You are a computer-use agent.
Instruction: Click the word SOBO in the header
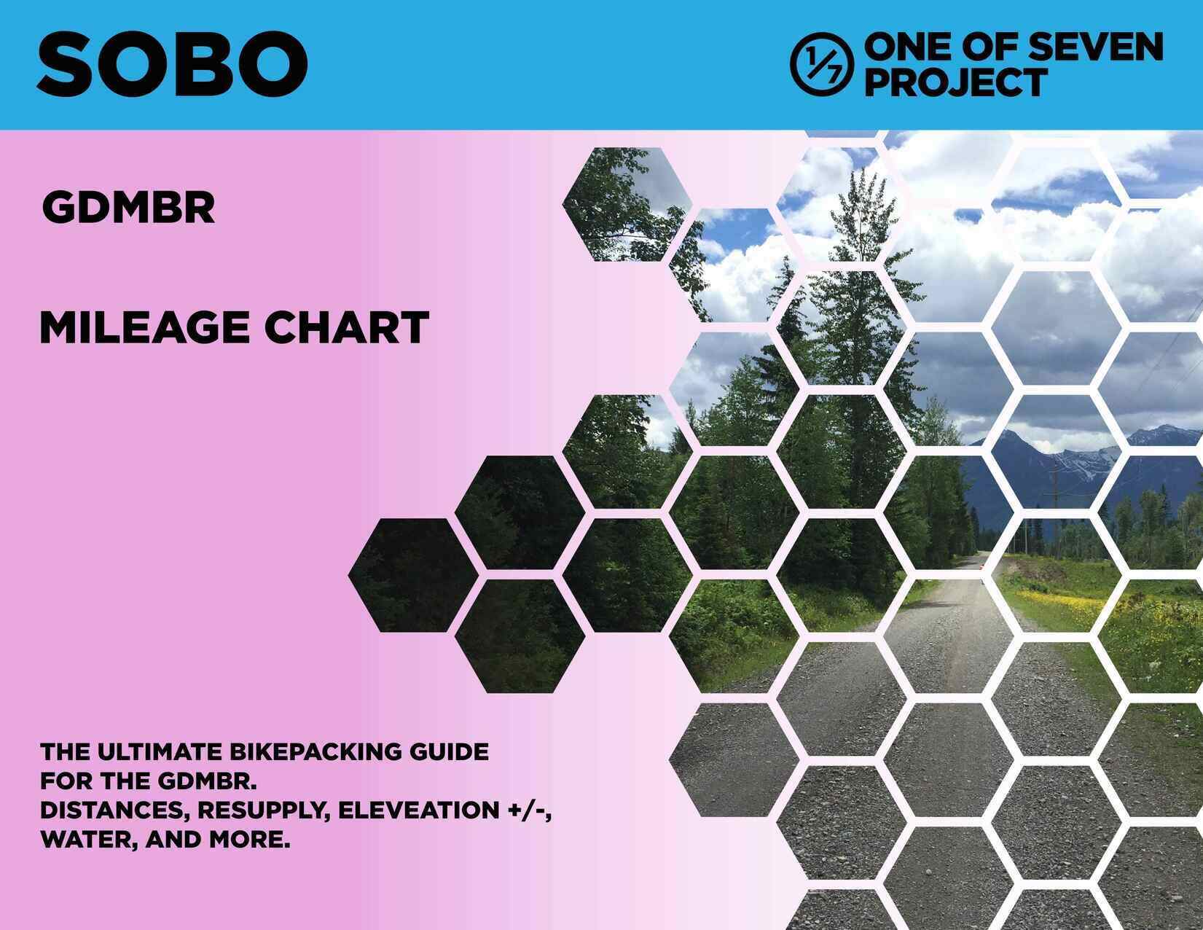172,63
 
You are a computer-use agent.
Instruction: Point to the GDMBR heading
128,208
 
